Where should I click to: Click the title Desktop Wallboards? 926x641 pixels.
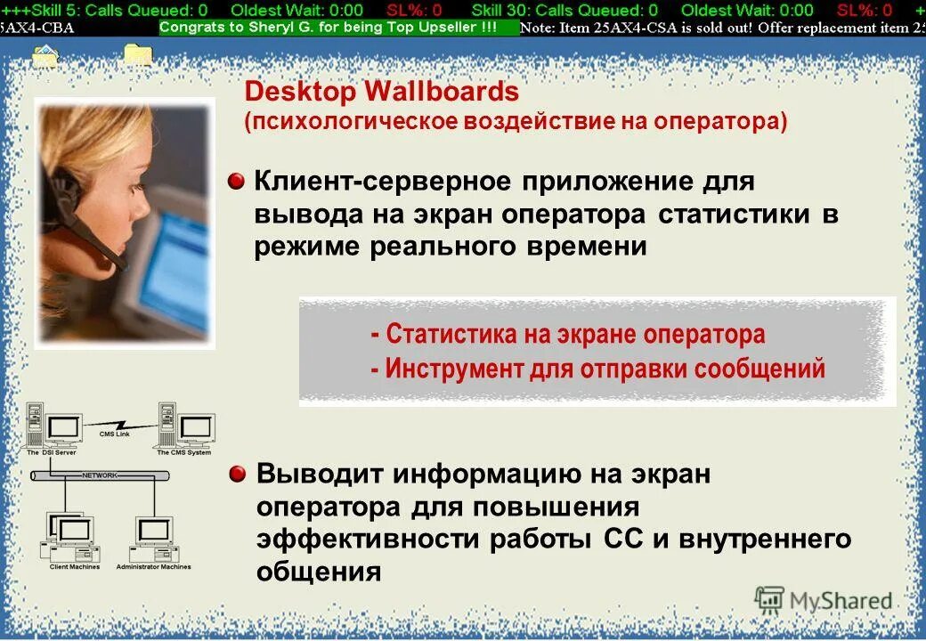381,92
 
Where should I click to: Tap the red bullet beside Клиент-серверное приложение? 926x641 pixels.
236,182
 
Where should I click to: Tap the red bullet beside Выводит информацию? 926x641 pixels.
236,474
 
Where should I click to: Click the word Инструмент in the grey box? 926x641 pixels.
453,369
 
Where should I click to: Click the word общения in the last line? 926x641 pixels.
318,572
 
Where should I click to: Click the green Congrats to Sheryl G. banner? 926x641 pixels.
340,27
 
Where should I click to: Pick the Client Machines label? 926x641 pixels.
75,567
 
